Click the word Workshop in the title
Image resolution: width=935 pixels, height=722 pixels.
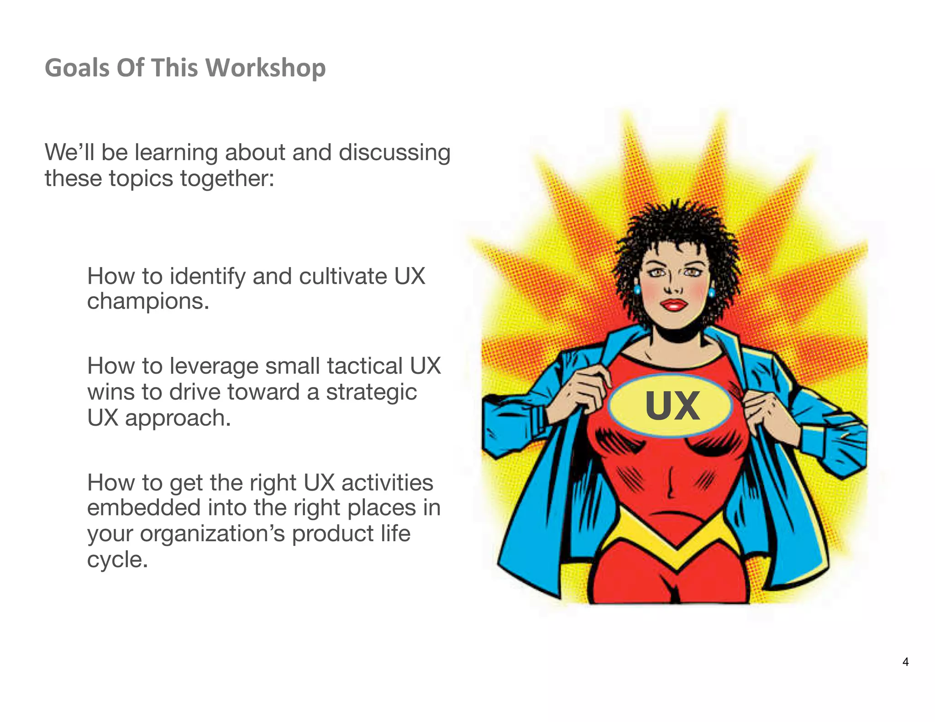pos(266,68)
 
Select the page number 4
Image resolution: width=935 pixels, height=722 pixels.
pos(905,662)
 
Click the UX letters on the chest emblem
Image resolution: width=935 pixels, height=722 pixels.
pos(672,406)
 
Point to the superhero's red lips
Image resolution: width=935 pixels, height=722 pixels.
pos(673,304)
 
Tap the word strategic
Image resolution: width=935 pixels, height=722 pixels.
pos(371,392)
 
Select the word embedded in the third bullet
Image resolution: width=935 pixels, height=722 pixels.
pos(144,508)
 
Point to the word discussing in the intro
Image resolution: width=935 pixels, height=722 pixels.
pos(394,152)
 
